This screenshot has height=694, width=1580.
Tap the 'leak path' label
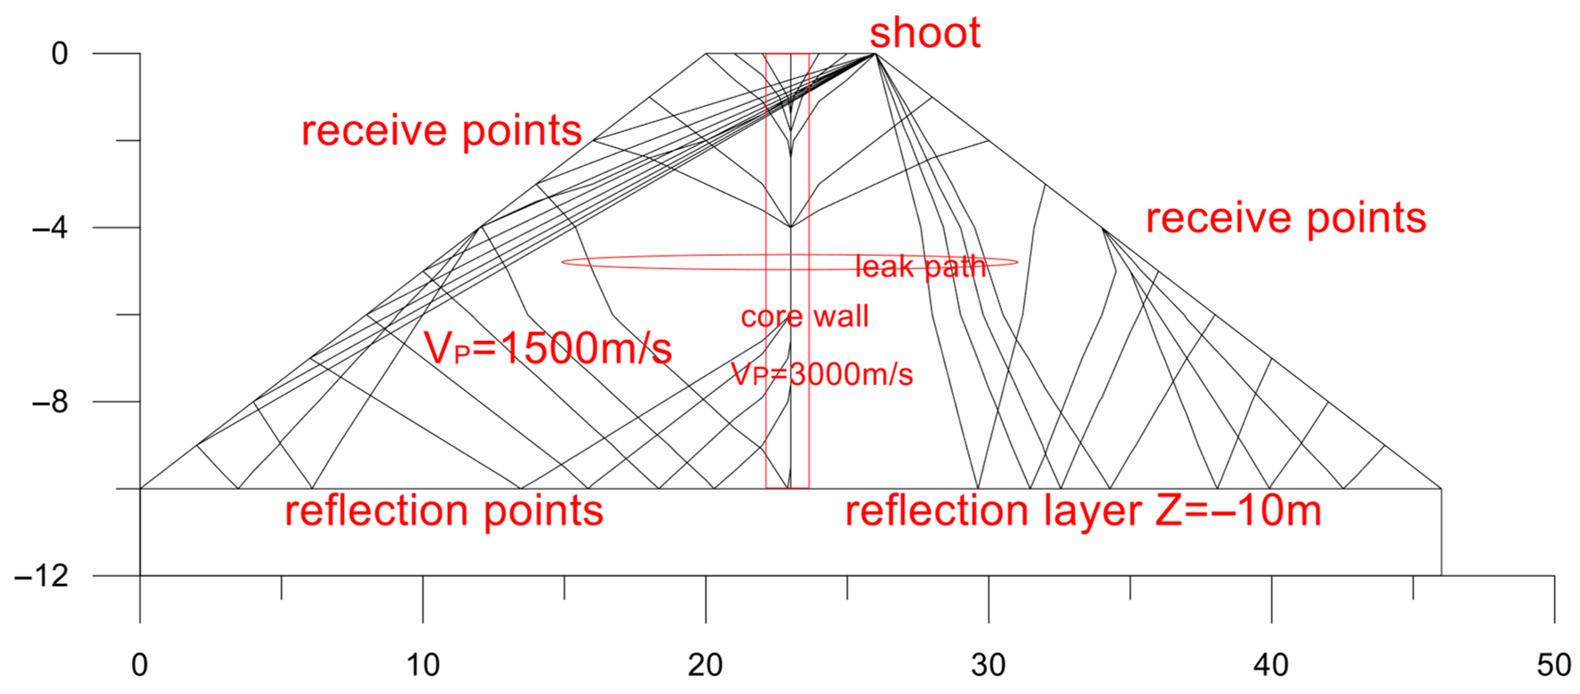click(x=920, y=266)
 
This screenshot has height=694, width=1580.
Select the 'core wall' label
click(x=804, y=316)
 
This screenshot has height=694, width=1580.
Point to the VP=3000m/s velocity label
click(x=822, y=374)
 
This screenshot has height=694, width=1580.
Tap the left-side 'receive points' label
click(x=441, y=131)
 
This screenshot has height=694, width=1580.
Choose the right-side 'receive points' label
click(x=1285, y=218)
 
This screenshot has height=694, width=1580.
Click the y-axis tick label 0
click(x=60, y=54)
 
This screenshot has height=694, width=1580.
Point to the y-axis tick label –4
click(x=50, y=228)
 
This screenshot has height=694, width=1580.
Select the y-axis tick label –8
click(x=50, y=402)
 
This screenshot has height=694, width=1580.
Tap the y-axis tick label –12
click(x=42, y=576)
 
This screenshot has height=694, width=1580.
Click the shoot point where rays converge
click(x=875, y=54)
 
